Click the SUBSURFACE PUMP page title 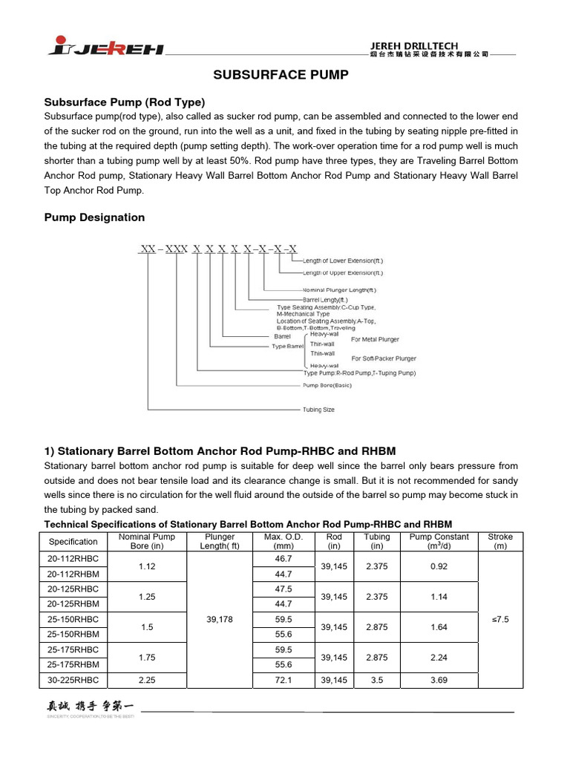coord(281,75)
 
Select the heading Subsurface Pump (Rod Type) coord(125,102)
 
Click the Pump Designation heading coord(95,217)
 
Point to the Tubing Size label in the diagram coord(318,410)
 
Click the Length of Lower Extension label coord(343,261)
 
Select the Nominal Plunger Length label coord(339,289)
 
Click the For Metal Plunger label coord(375,339)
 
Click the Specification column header coord(73,542)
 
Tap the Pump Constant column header coord(439,542)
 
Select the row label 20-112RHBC coord(73,558)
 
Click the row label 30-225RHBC coord(73,680)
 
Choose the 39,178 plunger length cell coord(220,619)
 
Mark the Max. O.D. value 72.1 coord(284,680)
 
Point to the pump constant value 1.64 coord(439,627)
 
